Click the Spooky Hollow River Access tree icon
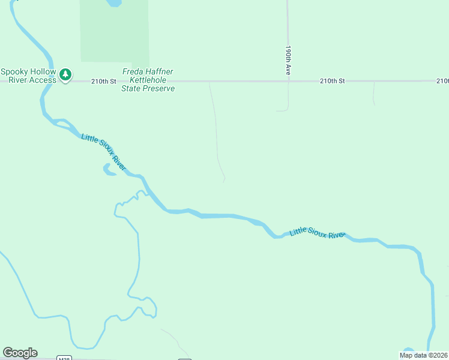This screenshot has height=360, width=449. [x=65, y=76]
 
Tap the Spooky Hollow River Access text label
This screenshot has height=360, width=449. [x=28, y=76]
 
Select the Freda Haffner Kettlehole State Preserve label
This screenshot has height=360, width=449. [x=148, y=80]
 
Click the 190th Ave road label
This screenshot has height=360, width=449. [x=288, y=60]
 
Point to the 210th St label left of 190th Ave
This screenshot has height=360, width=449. [x=103, y=80]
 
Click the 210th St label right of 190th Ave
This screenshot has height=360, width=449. [x=333, y=80]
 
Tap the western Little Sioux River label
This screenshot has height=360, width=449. [x=103, y=152]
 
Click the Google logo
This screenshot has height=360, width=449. [x=20, y=353]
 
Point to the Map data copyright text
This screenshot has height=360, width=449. [x=423, y=355]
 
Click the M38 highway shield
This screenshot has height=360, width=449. [x=64, y=358]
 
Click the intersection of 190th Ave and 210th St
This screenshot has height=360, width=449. [x=288, y=80]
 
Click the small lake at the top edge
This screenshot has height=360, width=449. [x=113, y=3]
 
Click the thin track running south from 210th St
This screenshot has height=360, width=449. [x=216, y=126]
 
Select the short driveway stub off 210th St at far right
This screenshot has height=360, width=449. [x=373, y=93]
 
